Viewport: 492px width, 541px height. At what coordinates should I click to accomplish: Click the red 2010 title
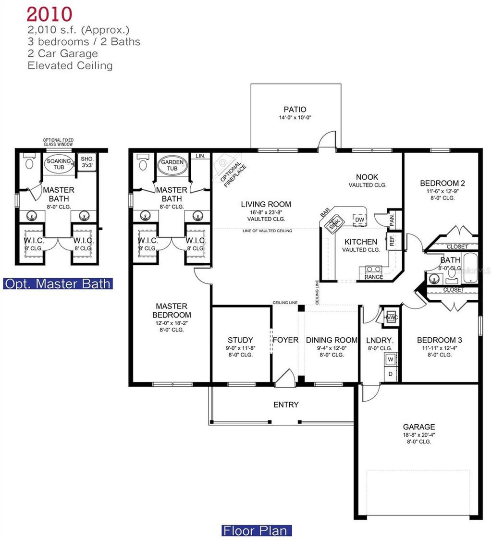49,14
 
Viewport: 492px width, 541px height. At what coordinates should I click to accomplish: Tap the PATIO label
295,110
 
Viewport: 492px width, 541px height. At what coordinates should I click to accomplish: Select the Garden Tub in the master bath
172,165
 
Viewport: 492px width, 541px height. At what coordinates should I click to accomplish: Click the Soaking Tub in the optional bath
59,164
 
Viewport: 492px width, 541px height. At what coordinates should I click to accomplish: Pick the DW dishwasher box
359,219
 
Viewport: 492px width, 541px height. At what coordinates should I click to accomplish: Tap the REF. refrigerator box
392,240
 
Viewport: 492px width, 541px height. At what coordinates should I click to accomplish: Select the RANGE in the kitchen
374,272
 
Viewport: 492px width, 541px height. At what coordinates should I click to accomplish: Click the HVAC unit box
390,317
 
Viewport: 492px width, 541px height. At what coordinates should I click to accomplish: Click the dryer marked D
391,373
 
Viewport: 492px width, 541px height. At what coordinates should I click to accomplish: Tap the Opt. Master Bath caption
58,283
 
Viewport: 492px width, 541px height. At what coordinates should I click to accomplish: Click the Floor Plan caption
257,530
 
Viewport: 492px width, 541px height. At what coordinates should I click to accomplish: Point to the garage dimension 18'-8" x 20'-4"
418,434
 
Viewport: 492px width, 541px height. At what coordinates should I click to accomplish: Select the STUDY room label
240,340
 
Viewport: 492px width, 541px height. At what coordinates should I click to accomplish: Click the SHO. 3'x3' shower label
87,162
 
